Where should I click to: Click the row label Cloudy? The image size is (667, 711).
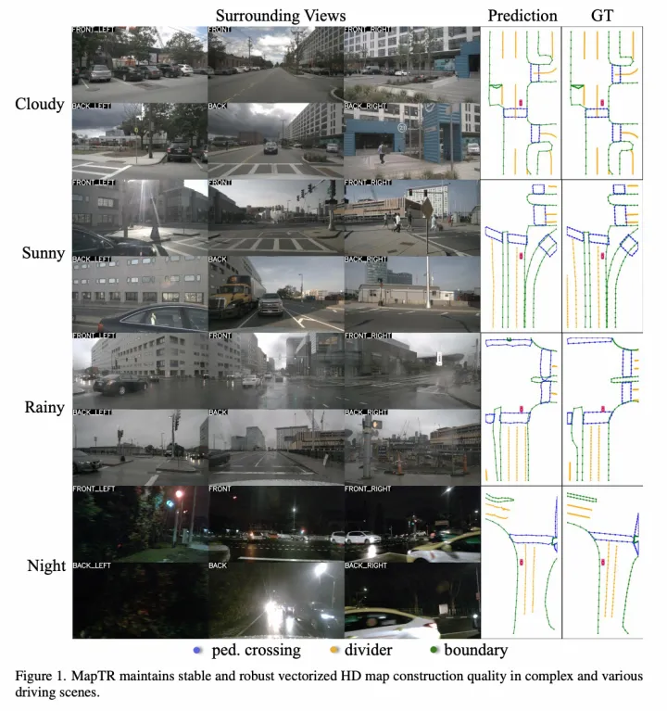point(40,103)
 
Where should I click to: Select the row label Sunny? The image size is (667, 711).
point(43,253)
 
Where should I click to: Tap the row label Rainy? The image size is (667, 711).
point(43,408)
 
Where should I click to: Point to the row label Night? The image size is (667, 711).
point(44,565)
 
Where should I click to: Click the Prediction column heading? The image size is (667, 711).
point(522,15)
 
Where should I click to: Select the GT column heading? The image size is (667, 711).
point(604,15)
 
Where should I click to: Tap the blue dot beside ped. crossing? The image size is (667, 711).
point(200,651)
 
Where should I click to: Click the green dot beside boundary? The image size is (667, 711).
point(432,651)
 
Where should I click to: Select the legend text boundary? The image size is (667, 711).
point(475,651)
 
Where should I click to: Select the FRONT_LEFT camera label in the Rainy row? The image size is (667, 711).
point(94,335)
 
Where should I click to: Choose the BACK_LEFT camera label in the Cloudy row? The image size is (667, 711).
point(92,106)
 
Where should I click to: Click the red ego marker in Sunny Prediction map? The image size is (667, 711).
point(522,253)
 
